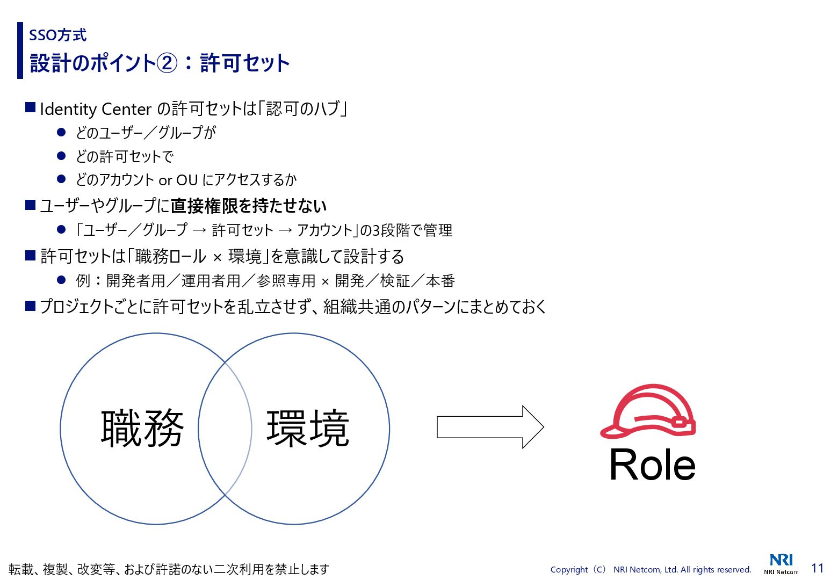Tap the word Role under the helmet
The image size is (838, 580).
pyautogui.click(x=652, y=465)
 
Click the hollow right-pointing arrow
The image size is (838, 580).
pyautogui.click(x=490, y=427)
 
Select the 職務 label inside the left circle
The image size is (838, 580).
pyautogui.click(x=142, y=428)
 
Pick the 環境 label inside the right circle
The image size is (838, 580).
pyautogui.click(x=308, y=428)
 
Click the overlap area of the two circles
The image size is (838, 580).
pyautogui.click(x=225, y=428)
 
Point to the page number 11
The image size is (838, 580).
pyautogui.click(x=817, y=568)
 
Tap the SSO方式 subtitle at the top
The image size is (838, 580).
pyautogui.click(x=57, y=35)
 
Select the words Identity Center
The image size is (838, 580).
pyautogui.click(x=96, y=109)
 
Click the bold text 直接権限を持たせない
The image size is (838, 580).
pyautogui.click(x=249, y=206)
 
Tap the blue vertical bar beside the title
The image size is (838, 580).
pyautogui.click(x=20, y=50)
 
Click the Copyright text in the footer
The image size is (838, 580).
pyautogui.click(x=651, y=569)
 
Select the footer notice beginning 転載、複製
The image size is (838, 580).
pyautogui.click(x=169, y=569)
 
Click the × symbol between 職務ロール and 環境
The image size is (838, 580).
pyautogui.click(x=217, y=257)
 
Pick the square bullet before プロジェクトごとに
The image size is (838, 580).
pyautogui.click(x=30, y=306)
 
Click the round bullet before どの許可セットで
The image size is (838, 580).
pyautogui.click(x=61, y=156)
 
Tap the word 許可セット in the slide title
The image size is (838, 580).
pyautogui.click(x=245, y=63)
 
